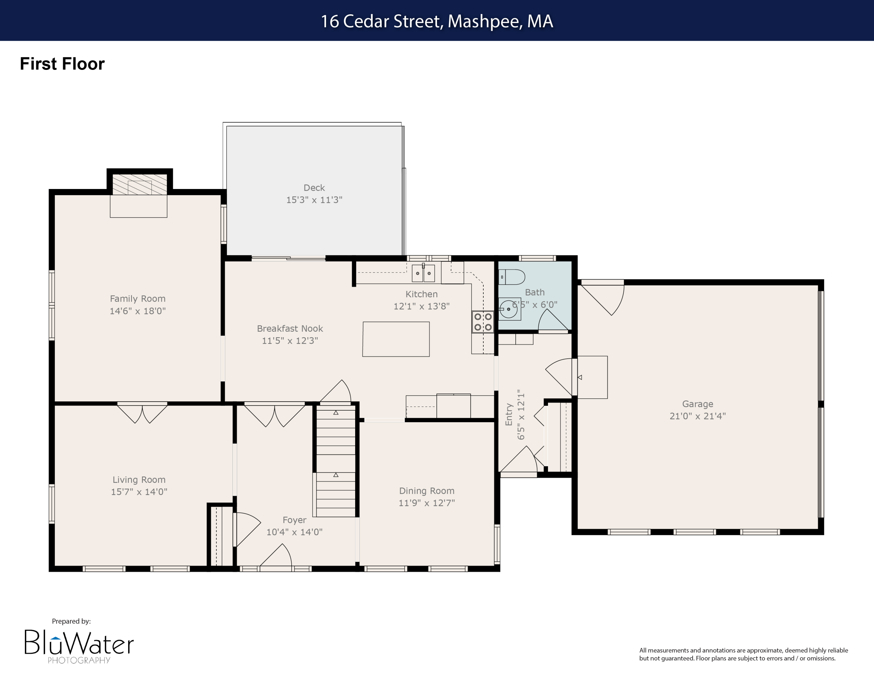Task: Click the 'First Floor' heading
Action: tap(62, 64)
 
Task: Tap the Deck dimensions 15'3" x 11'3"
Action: tap(314, 200)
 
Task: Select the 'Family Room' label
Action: tap(138, 299)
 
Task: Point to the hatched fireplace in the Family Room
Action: tap(139, 184)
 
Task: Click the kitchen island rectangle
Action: tap(396, 339)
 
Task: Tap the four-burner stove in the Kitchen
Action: tap(483, 322)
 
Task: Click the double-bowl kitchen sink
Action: tap(423, 273)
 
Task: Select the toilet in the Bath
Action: tap(512, 277)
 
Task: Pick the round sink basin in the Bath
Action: tap(509, 309)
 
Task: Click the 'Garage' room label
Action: tap(697, 404)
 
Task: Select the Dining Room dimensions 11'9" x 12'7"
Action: tap(427, 503)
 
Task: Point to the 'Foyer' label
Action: tap(294, 520)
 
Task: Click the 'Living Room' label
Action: tap(139, 479)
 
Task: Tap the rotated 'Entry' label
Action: tap(509, 414)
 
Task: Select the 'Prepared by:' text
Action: tap(71, 621)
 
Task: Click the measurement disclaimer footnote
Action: tap(743, 654)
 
